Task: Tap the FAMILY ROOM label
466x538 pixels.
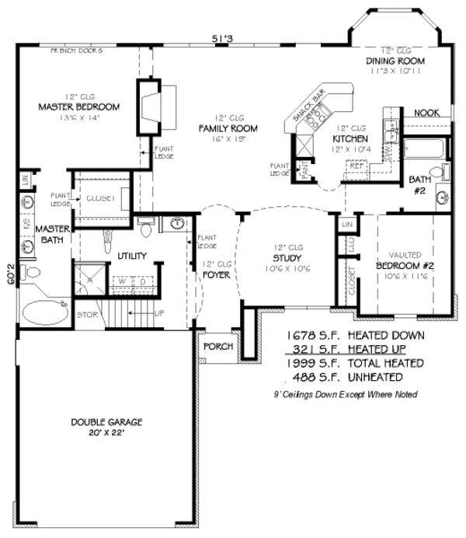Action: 228,128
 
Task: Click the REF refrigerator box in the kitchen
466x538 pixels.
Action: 357,166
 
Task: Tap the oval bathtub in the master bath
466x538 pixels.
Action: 42,314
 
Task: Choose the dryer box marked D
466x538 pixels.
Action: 143,281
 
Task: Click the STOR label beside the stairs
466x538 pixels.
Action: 87,314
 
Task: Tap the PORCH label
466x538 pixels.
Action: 218,346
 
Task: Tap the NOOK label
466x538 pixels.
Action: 426,113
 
